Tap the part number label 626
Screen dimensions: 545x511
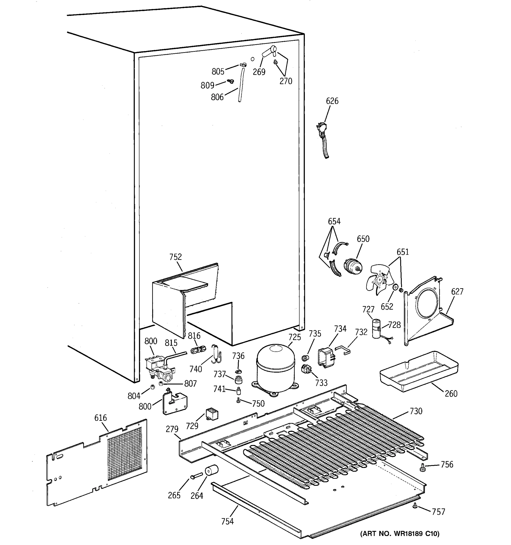pos(332,101)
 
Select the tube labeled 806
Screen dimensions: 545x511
pos(241,85)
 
